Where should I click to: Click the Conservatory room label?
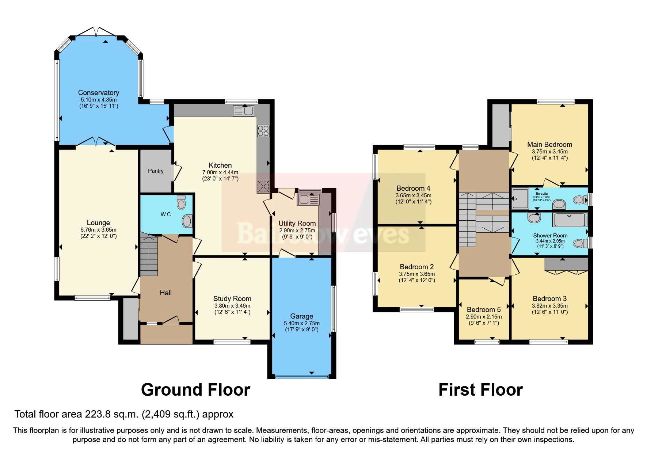coord(98,93)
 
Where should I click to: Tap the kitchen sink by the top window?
coord(243,110)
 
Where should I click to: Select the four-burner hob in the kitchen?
coord(263,131)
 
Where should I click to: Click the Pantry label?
coord(156,171)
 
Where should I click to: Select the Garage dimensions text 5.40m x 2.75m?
coord(301,323)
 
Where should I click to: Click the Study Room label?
coord(232,299)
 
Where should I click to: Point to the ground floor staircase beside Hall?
coord(148,256)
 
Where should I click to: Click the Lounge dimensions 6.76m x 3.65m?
coord(98,230)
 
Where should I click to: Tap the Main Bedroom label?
coord(549,144)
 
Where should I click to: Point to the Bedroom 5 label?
coord(484,310)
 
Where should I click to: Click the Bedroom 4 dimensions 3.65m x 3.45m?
coord(413,195)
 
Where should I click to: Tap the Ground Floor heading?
coord(195,390)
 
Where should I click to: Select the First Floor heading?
coord(480,390)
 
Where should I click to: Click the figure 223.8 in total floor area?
coord(96,414)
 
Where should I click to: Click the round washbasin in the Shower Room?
coord(534,218)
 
